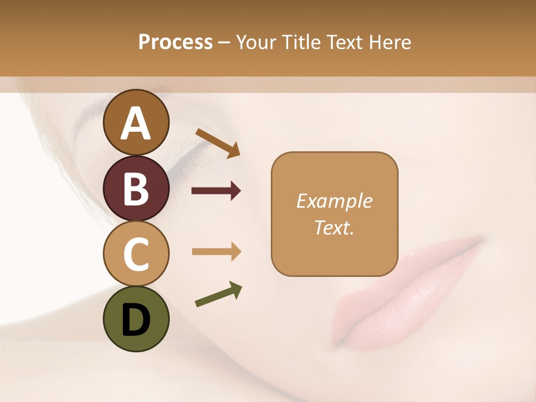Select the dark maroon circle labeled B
click(x=136, y=188)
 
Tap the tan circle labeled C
click(x=136, y=254)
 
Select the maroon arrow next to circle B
click(x=216, y=192)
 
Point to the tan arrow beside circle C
click(x=216, y=252)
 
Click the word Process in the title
click(x=175, y=42)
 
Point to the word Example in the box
click(x=334, y=201)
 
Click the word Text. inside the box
click(x=334, y=227)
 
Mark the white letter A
click(x=136, y=123)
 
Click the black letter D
click(x=136, y=320)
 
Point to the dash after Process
click(x=224, y=43)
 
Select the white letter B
click(x=136, y=189)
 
